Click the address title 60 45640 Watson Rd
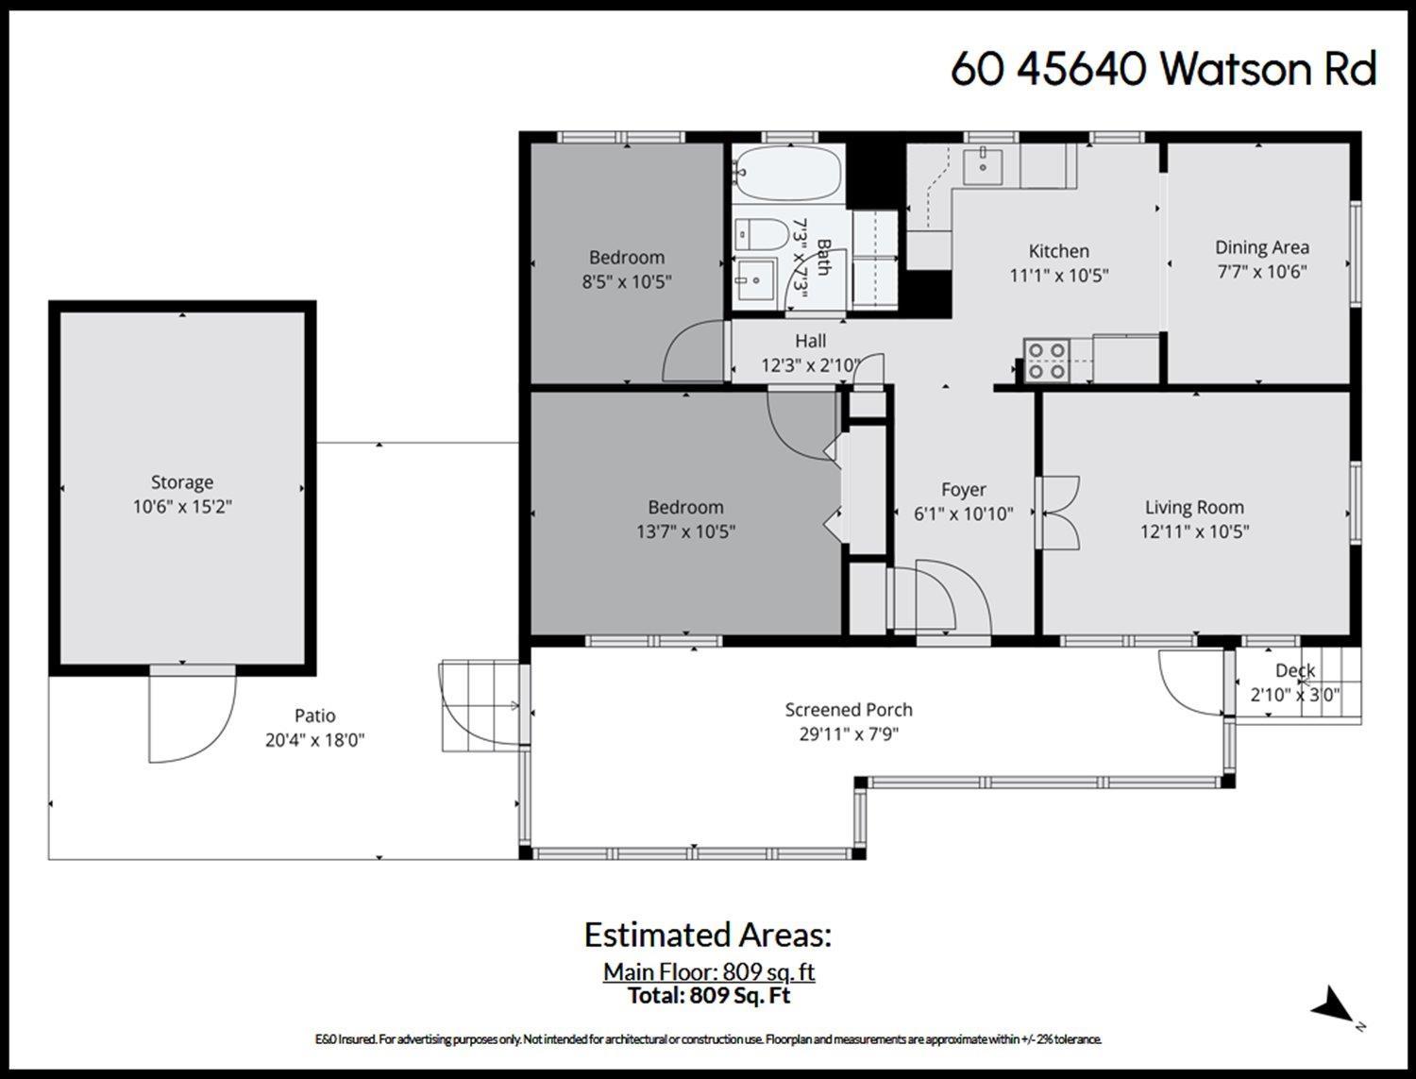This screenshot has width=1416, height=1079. [x=1163, y=69]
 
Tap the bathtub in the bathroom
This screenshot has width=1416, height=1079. [x=787, y=173]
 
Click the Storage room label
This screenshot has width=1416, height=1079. [x=182, y=482]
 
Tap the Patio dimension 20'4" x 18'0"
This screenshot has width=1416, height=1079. [x=314, y=741]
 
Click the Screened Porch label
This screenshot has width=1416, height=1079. [x=849, y=710]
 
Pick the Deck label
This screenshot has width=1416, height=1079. [x=1294, y=671]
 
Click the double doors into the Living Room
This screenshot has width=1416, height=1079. [x=1061, y=513]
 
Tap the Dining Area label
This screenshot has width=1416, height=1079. [x=1261, y=247]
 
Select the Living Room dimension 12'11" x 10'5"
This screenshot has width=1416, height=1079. [x=1194, y=531]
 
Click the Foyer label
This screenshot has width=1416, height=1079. [x=963, y=490]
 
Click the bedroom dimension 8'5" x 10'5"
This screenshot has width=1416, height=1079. [x=627, y=281]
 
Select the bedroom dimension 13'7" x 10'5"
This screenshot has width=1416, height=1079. [x=685, y=531]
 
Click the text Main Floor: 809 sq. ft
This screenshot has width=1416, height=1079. [x=709, y=971]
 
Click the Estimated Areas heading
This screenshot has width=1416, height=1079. [x=708, y=935]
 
